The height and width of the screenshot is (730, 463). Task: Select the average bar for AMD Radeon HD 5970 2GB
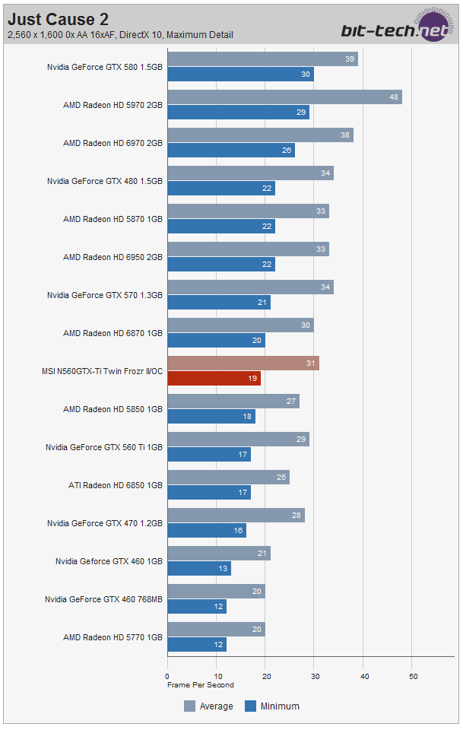[x=284, y=97]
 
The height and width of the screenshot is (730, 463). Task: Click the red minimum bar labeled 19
[x=214, y=378]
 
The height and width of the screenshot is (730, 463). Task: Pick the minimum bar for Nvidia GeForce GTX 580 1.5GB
[x=240, y=74]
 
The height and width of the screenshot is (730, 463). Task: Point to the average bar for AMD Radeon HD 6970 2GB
[x=260, y=135]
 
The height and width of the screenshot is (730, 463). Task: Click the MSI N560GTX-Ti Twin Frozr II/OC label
[x=102, y=371]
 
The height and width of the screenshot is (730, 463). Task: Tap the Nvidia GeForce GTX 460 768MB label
[x=103, y=599]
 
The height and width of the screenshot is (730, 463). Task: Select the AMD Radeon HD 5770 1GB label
[x=113, y=637]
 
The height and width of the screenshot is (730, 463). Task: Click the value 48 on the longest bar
[x=392, y=97]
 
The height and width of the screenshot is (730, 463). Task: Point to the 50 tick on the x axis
[x=413, y=676]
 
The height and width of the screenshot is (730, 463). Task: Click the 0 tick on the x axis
[x=167, y=676]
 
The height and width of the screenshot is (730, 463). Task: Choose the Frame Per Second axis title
[x=201, y=684]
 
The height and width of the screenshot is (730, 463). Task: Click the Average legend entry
[x=208, y=706]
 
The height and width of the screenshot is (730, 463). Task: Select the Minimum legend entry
[x=271, y=706]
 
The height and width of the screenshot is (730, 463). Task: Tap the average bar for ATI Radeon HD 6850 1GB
[x=228, y=478]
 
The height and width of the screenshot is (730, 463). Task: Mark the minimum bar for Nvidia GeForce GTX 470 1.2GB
[x=207, y=530]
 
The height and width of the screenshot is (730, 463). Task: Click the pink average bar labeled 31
[x=243, y=363]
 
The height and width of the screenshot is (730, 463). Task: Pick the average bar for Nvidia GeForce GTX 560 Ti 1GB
[x=238, y=440]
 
